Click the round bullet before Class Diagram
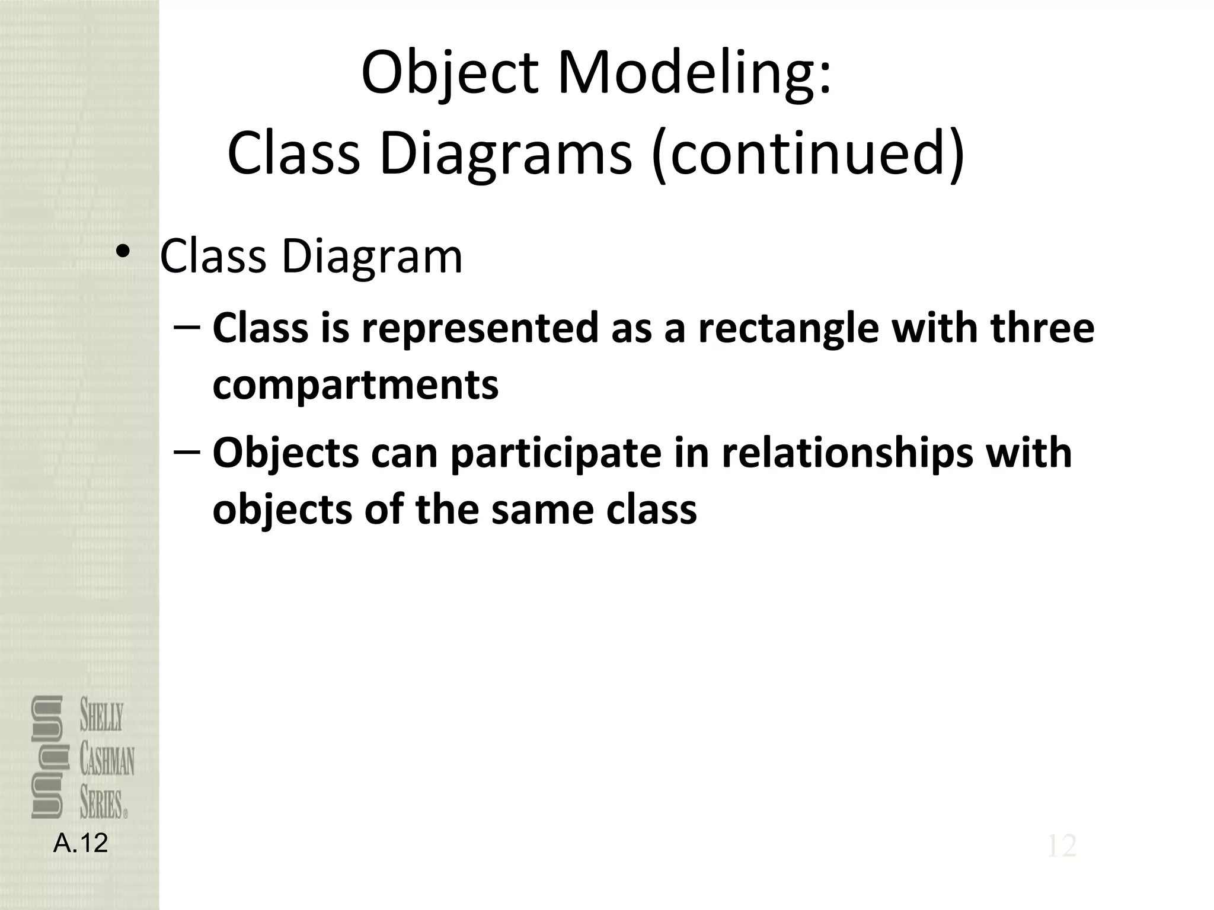[123, 252]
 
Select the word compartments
[356, 386]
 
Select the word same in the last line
[542, 510]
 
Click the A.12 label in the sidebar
[81, 843]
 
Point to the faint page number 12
[1062, 846]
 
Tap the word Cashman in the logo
[107, 761]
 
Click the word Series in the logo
[101, 804]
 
